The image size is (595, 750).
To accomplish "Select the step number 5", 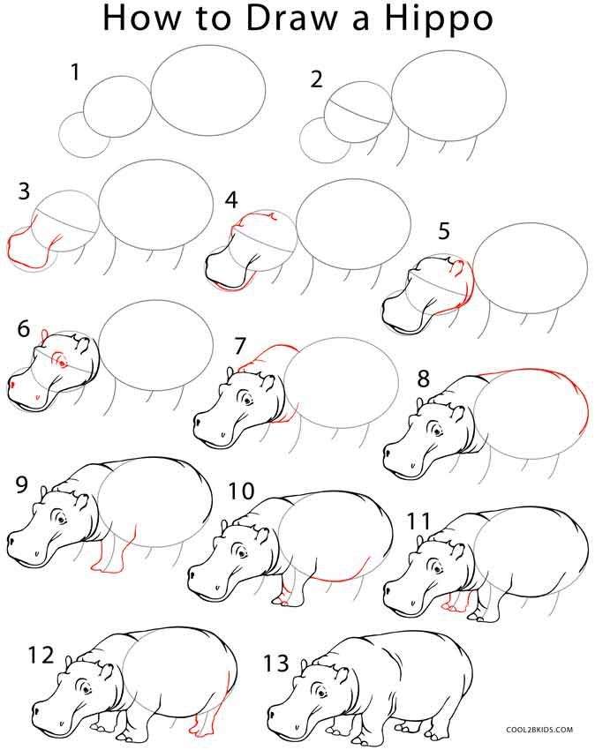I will (443, 231).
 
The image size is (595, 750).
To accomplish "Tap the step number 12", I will (41, 656).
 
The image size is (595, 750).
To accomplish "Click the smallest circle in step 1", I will (84, 136).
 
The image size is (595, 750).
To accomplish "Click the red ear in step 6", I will (42, 334).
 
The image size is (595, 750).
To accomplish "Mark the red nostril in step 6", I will (14, 386).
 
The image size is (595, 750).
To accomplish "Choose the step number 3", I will (24, 191).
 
